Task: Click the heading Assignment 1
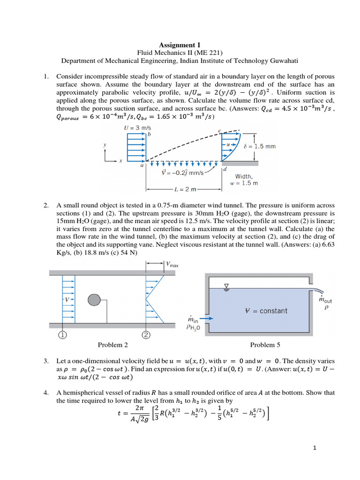point(180,45)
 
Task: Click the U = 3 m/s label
point(137,127)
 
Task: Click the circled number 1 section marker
point(62,334)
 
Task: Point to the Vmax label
point(172,264)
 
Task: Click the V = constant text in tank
point(267,311)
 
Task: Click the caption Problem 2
point(112,345)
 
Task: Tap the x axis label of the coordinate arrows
point(120,160)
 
